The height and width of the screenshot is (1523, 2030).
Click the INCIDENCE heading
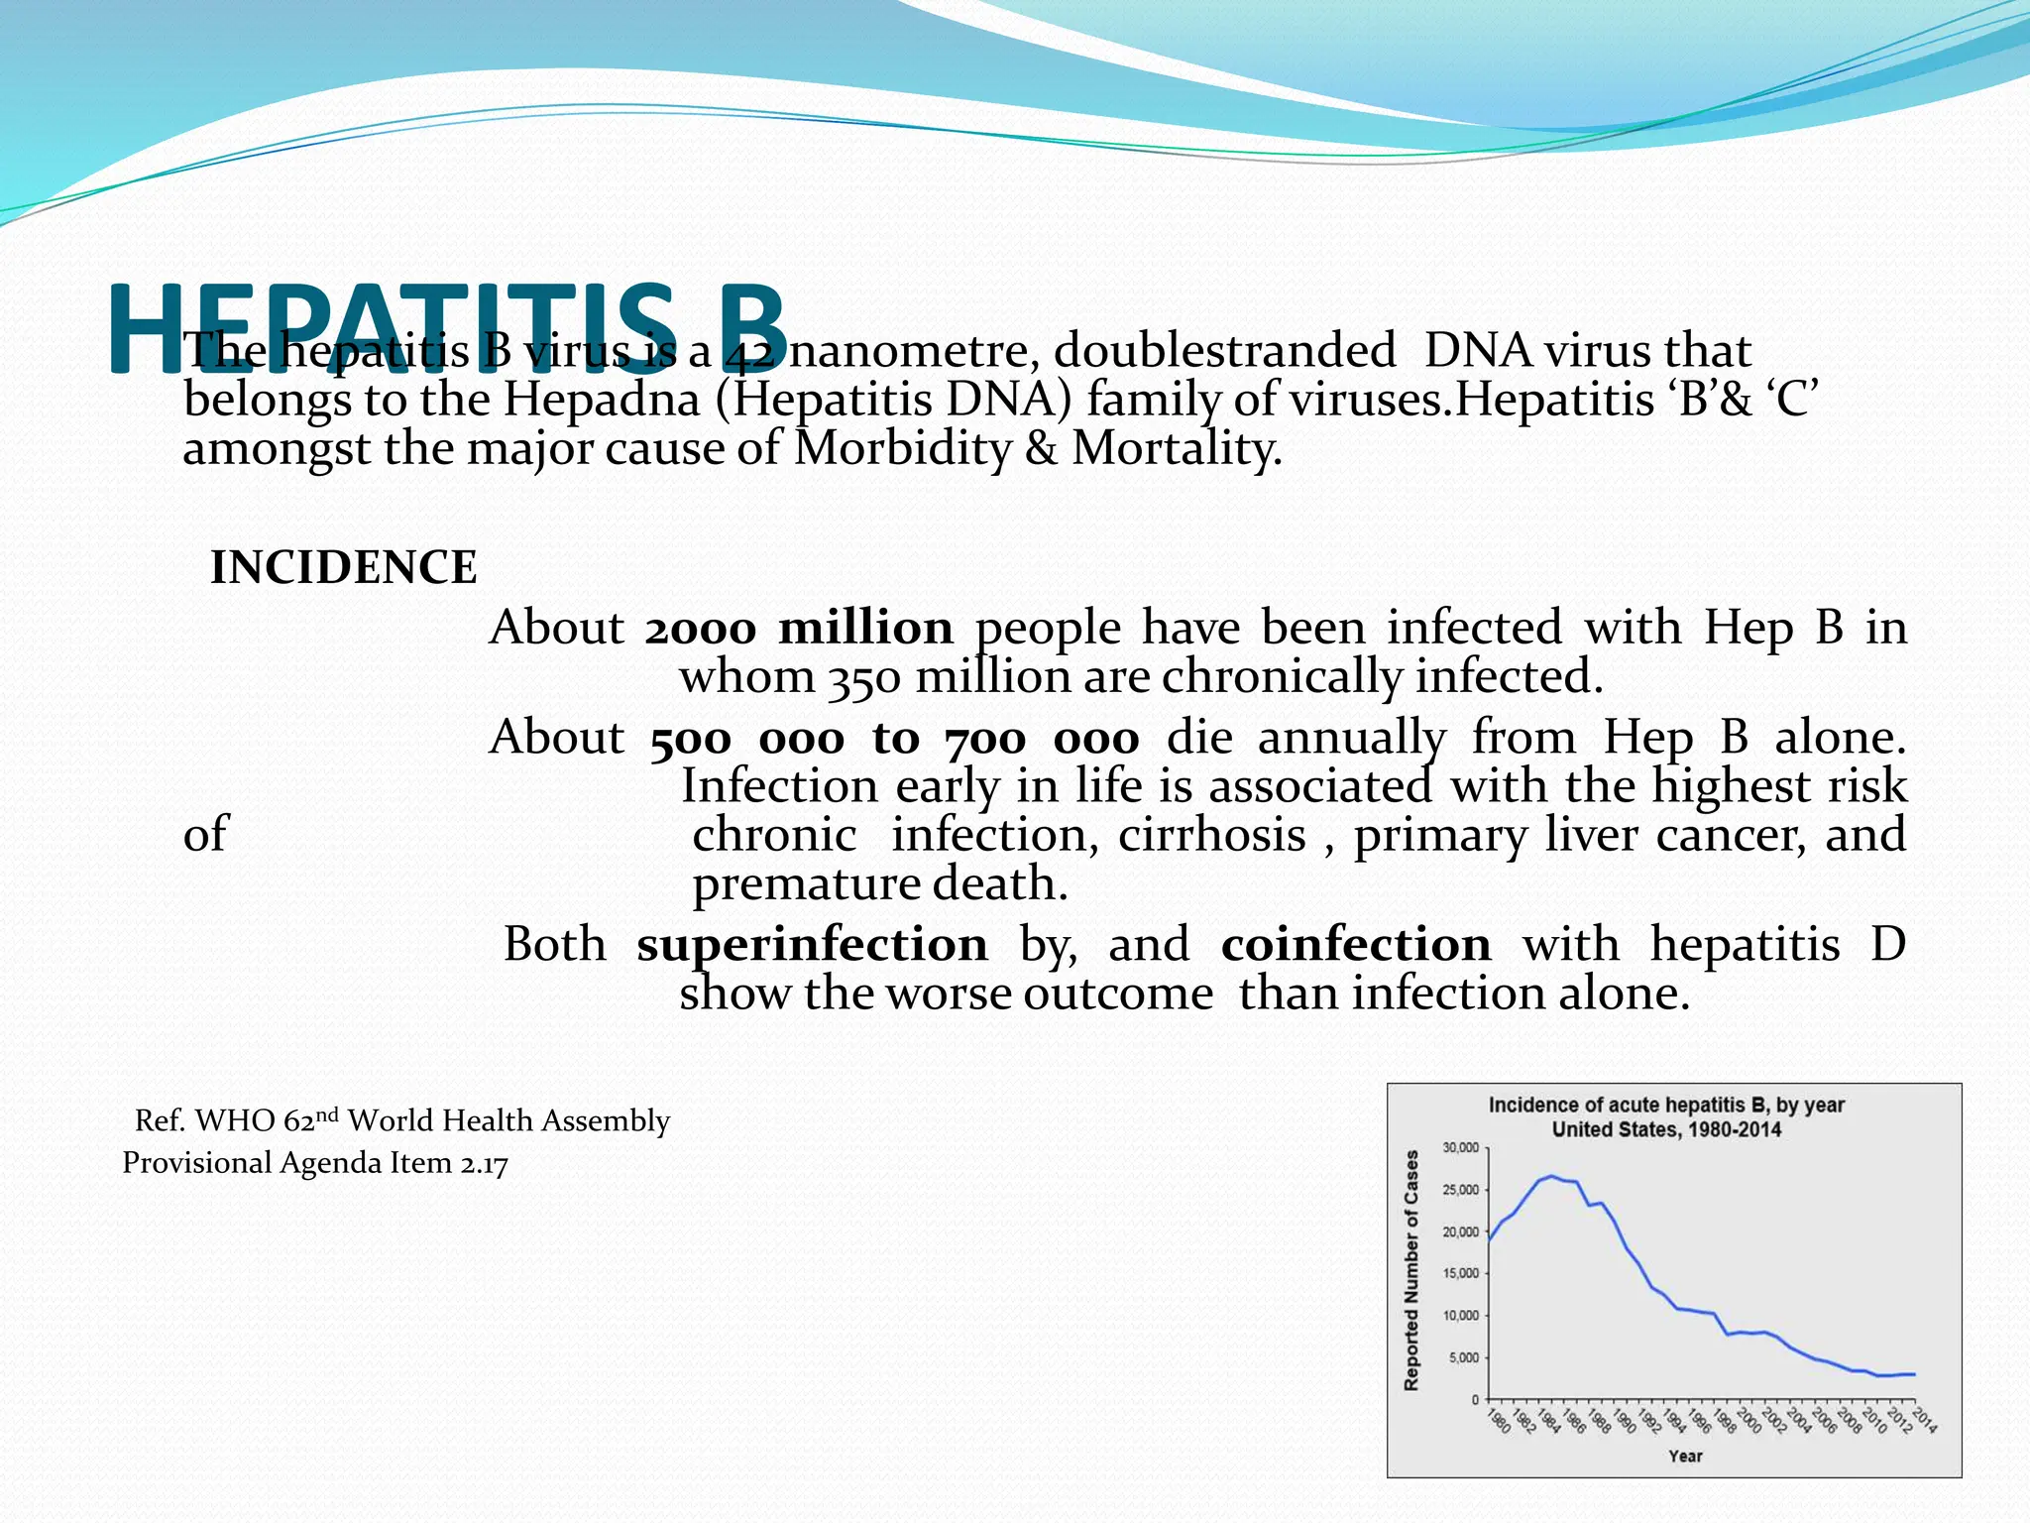coord(343,568)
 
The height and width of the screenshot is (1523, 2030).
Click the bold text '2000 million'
coord(799,629)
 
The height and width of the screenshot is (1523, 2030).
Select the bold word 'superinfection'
coord(812,944)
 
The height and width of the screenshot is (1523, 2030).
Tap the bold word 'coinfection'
coord(1355,944)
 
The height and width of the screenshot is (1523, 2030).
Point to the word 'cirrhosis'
coord(1211,835)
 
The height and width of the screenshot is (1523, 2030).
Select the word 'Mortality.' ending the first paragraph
coord(1177,448)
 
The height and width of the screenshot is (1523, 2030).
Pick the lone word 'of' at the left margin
coord(205,835)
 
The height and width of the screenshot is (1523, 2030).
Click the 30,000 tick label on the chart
coord(1460,1148)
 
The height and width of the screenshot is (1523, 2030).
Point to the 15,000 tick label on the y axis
coord(1460,1274)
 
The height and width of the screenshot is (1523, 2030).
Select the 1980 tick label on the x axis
coord(1500,1421)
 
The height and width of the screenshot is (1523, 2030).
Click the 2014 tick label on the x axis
coord(1924,1421)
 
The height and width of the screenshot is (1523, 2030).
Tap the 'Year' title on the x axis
coord(1685,1456)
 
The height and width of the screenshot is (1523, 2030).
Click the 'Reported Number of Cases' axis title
coord(1411,1270)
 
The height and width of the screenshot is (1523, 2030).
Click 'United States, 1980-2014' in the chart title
coord(1666,1129)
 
